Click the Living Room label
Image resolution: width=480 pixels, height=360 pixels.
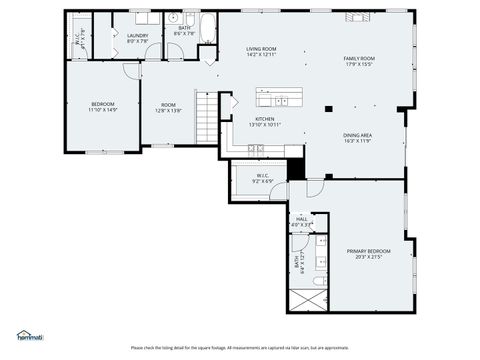pos(261,49)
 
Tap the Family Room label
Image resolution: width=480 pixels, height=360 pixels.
pos(358,59)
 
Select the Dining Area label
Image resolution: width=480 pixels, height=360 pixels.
pos(357,136)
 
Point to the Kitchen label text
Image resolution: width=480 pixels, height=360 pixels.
pos(265,118)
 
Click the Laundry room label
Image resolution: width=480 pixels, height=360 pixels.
pos(138,36)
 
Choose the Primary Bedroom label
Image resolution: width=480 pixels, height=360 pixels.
pos(365,251)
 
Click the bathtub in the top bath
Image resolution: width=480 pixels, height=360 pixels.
pos(207,28)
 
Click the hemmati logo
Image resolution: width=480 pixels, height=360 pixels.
pos(29,335)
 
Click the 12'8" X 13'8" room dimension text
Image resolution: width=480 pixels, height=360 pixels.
pos(167,110)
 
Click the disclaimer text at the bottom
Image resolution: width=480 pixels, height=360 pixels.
pos(239,347)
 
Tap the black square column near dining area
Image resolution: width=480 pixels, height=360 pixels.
pos(327,108)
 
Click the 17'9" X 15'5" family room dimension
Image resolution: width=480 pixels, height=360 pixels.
pos(358,66)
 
